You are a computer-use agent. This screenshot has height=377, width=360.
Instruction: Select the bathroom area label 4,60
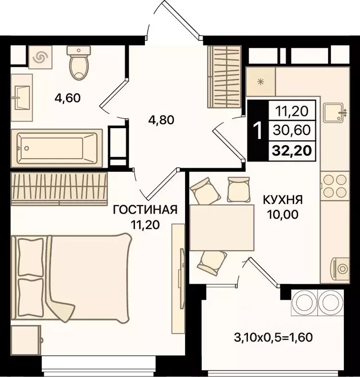click(x=67, y=98)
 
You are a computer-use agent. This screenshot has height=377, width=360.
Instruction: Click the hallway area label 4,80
click(x=162, y=120)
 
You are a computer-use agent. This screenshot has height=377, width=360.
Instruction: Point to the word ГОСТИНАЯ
click(x=145, y=211)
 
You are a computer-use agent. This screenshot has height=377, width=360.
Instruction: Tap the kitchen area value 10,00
click(x=282, y=214)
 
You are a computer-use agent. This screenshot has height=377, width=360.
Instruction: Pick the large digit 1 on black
click(x=256, y=131)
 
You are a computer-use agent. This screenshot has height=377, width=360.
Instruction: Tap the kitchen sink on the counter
click(x=335, y=112)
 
